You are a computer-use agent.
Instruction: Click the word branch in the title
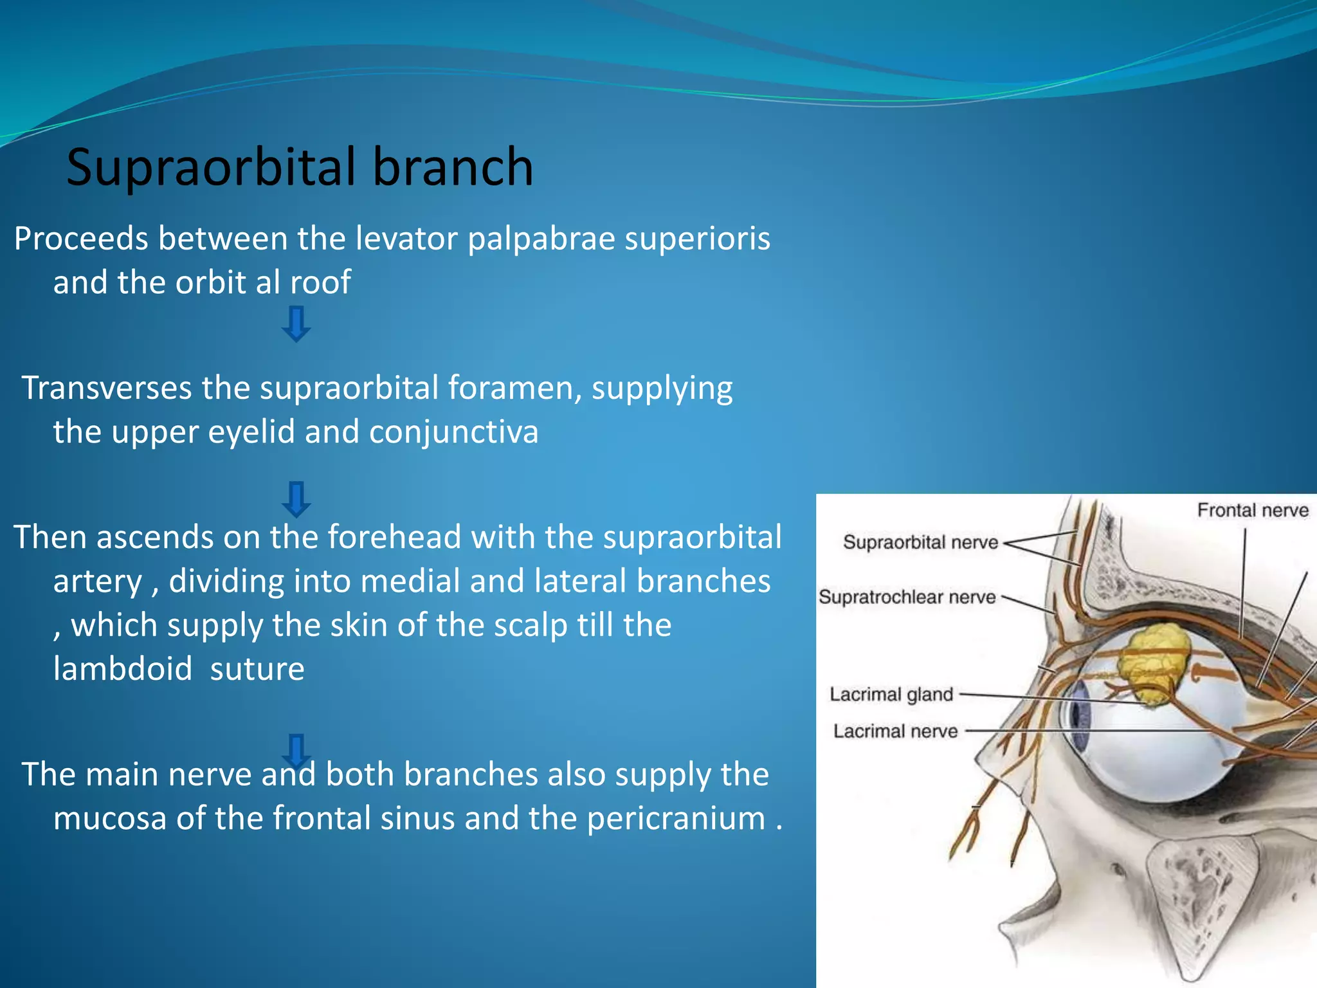[453, 167]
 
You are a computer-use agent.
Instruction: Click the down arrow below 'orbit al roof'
[296, 324]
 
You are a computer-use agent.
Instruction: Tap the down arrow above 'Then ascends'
[296, 499]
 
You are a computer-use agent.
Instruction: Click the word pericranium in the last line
[676, 819]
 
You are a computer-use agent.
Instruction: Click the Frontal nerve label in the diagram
[1252, 511]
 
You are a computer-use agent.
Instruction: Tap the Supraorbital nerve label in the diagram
[920, 542]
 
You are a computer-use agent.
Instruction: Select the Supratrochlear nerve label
[907, 598]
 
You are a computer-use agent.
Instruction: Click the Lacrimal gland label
[891, 695]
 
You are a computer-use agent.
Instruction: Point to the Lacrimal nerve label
[895, 731]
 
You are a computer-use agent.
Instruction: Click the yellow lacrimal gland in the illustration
[1154, 663]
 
